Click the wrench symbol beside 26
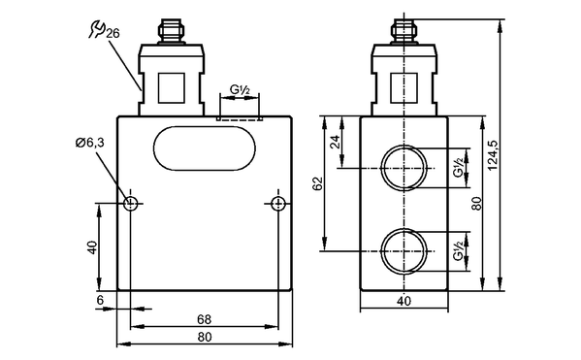pos(97,30)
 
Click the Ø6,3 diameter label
pos(90,143)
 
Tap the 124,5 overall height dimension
pos(493,155)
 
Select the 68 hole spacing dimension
pos(204,319)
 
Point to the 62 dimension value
pos(318,184)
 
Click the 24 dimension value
pos(335,142)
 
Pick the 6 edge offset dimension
pos(101,300)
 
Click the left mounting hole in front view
pos(130,203)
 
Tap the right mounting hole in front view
pos(278,203)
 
